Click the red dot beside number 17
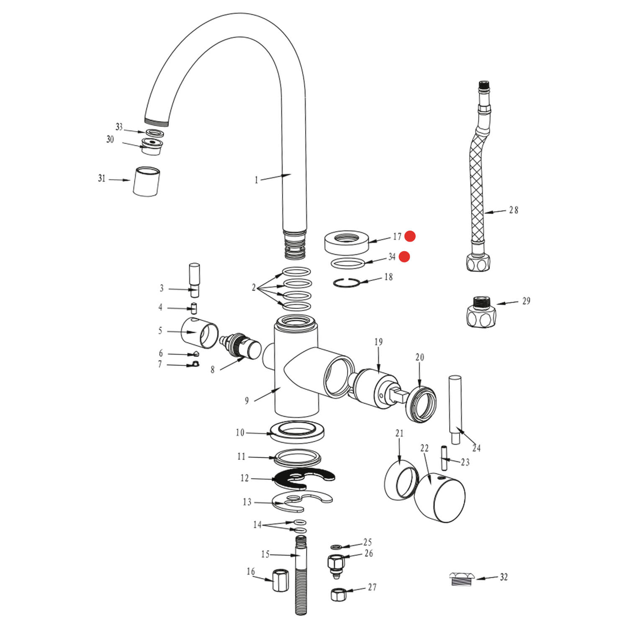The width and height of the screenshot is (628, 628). (410, 237)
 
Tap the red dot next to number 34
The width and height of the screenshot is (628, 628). (404, 257)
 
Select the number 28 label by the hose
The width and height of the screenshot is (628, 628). (513, 210)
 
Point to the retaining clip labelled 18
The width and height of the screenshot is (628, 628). (347, 283)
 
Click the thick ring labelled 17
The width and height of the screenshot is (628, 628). (347, 242)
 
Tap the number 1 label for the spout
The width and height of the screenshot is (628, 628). (256, 180)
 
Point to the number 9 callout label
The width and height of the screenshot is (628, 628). (247, 401)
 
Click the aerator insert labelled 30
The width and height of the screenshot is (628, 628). (152, 146)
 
